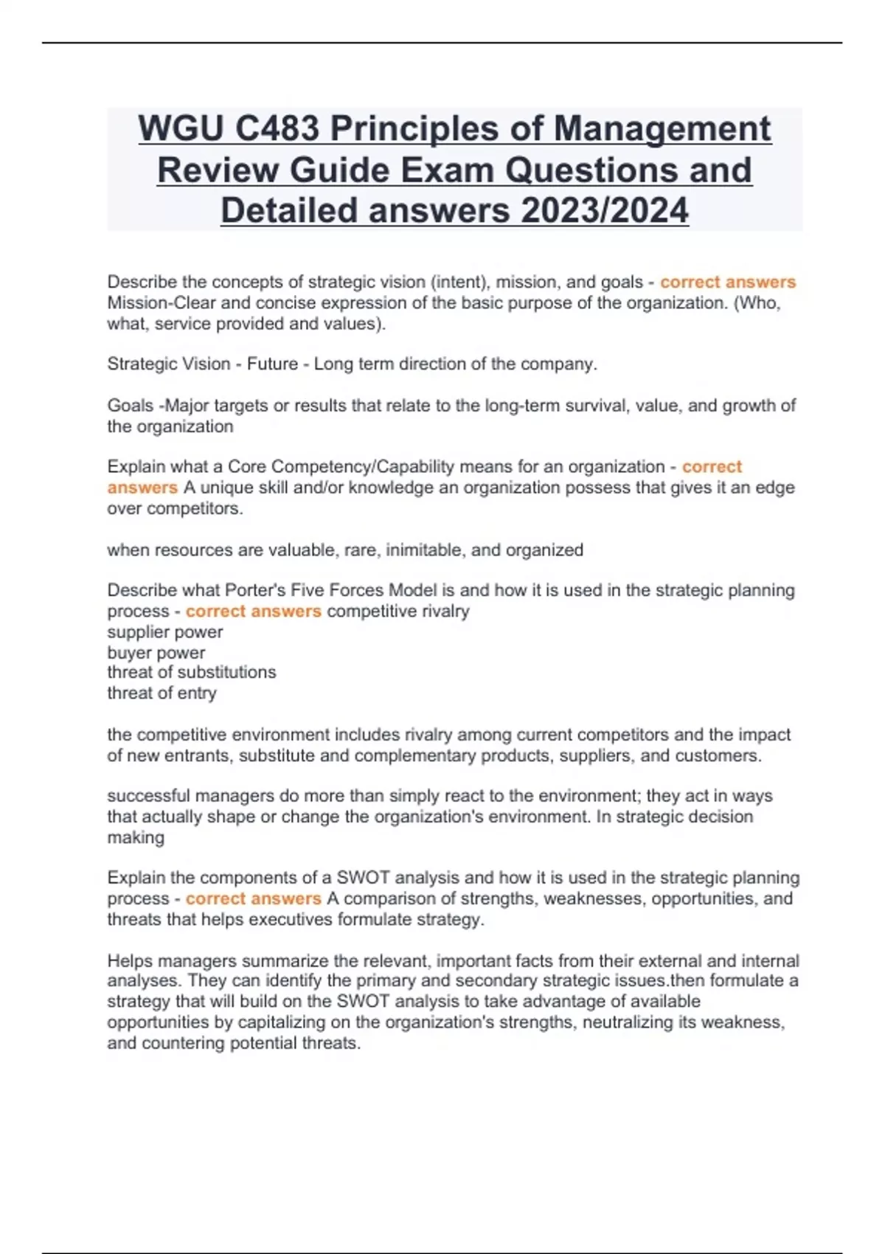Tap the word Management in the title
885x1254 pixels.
662,129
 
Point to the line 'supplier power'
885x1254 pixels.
164,632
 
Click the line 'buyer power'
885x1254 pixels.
156,653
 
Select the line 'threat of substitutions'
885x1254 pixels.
191,672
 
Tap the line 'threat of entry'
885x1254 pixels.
162,693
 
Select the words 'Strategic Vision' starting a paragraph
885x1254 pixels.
169,364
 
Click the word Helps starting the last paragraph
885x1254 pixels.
130,961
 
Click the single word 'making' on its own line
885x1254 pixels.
136,838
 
